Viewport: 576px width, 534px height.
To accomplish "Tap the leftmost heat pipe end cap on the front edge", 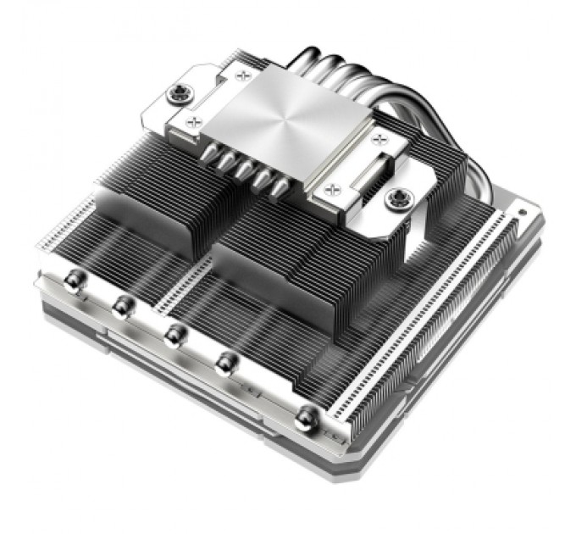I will (75, 280).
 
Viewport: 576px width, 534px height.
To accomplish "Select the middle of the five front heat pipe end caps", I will (175, 333).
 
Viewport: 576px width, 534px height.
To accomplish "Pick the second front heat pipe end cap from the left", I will (125, 305).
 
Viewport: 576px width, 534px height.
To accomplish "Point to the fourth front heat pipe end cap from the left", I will (225, 363).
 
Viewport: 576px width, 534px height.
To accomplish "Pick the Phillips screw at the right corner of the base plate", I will (375, 136).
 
